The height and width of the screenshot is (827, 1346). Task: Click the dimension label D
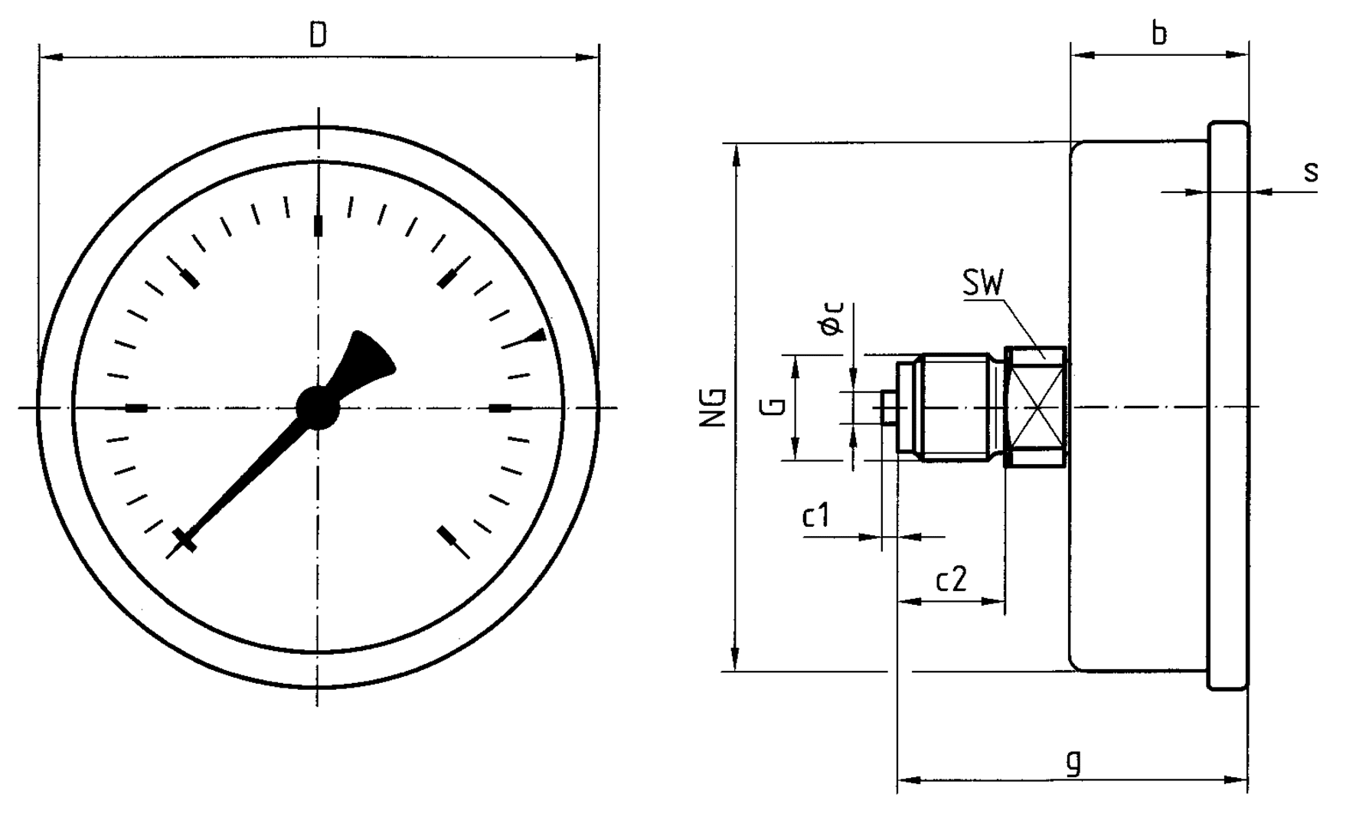pos(318,35)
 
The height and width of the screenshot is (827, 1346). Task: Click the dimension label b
pos(1159,34)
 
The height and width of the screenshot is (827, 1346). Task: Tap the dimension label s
pos(1311,172)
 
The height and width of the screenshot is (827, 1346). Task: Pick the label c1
pos(815,516)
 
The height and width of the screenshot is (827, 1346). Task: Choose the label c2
pos(952,580)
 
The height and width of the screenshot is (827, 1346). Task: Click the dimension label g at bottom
pos(1074,761)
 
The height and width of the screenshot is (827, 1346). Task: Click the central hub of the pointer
pos(317,407)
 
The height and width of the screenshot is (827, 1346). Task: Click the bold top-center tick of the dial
pos(319,226)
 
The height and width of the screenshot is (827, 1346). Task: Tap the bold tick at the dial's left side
pos(136,408)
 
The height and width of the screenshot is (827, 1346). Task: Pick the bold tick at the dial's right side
pos(500,408)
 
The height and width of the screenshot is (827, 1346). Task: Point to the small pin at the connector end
pos(888,407)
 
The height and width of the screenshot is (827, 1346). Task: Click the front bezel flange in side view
pos(1228,407)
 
